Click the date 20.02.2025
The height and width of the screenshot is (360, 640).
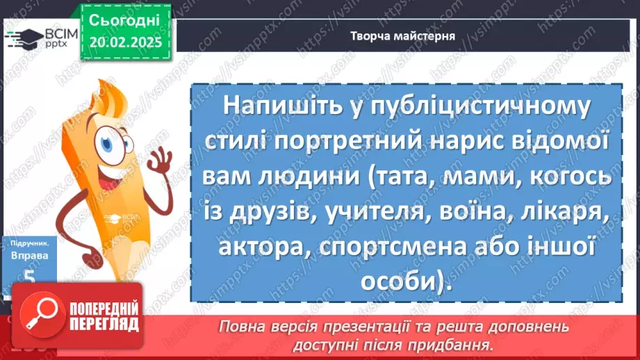(x=125, y=42)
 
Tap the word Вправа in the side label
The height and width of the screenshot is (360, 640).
(x=24, y=256)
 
